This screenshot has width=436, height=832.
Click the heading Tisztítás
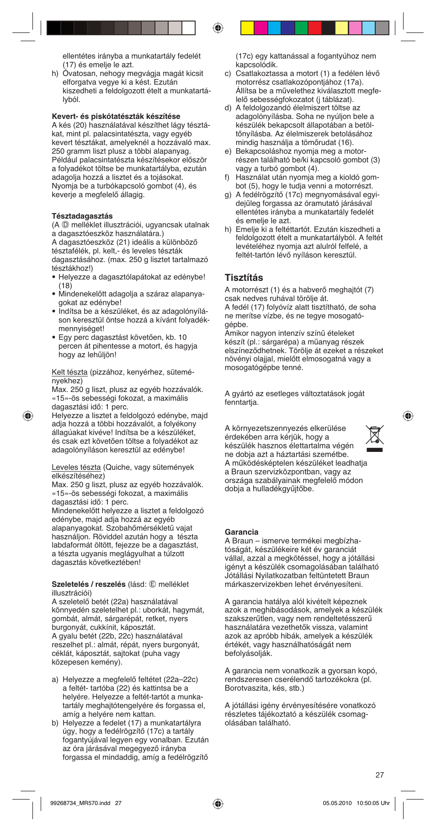click(244, 278)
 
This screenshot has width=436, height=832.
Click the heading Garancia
click(241, 532)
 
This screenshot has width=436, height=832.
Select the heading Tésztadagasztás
click(82, 216)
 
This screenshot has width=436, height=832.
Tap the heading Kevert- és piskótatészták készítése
click(116, 116)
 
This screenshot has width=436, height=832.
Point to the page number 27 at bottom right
click(379, 775)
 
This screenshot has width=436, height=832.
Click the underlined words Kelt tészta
click(69, 372)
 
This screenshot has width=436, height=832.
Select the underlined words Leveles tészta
click(76, 467)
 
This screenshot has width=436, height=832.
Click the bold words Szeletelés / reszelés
click(88, 584)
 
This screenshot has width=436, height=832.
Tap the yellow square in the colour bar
click(247, 28)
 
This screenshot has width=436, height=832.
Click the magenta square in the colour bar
click(261, 28)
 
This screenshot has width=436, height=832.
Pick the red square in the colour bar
click(314, 28)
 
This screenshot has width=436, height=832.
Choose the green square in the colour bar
click(301, 28)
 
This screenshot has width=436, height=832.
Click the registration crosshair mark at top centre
click(218, 28)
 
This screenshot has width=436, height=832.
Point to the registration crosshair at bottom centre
click(218, 803)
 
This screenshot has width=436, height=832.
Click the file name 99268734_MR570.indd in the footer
click(80, 803)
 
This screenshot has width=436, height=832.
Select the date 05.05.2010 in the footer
click(337, 803)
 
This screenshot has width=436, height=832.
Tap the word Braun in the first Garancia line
click(243, 541)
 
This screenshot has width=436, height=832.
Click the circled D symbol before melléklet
click(65, 225)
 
